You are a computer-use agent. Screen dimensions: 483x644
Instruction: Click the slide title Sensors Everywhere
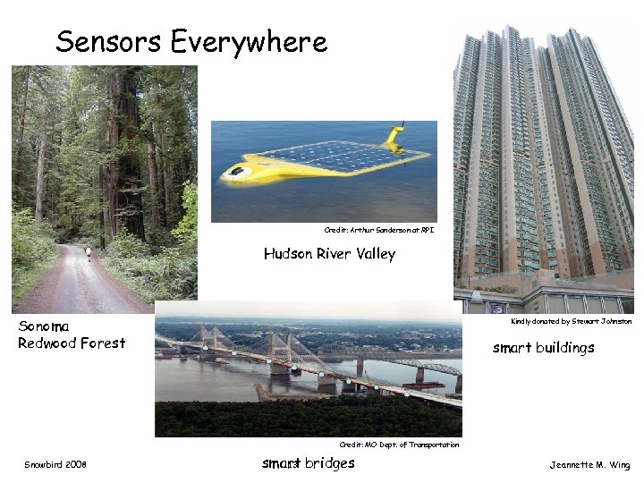(191, 41)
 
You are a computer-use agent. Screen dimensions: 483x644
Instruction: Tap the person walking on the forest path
(89, 254)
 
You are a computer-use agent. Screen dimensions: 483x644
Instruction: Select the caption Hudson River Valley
(329, 254)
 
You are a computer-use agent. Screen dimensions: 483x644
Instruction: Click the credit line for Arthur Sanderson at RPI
(379, 230)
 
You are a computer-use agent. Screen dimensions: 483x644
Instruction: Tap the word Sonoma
(44, 326)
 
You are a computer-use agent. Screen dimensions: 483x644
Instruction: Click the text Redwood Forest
(72, 343)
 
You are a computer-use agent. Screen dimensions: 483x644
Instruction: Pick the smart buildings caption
(543, 348)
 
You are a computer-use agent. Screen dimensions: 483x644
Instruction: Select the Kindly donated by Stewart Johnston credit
(571, 321)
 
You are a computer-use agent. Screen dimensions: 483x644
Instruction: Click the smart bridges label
(308, 463)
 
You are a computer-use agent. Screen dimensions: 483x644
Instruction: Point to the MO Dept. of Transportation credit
(399, 445)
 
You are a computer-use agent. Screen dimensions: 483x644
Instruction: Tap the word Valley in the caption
(375, 254)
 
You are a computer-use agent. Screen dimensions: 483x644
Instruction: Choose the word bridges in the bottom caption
(329, 463)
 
